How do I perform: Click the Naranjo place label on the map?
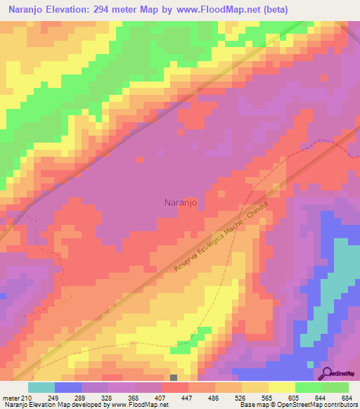point(179,202)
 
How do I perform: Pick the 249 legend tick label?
point(53,398)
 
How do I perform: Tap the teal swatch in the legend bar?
point(41,387)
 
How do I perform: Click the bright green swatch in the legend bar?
point(309,387)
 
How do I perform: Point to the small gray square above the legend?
point(174,377)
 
